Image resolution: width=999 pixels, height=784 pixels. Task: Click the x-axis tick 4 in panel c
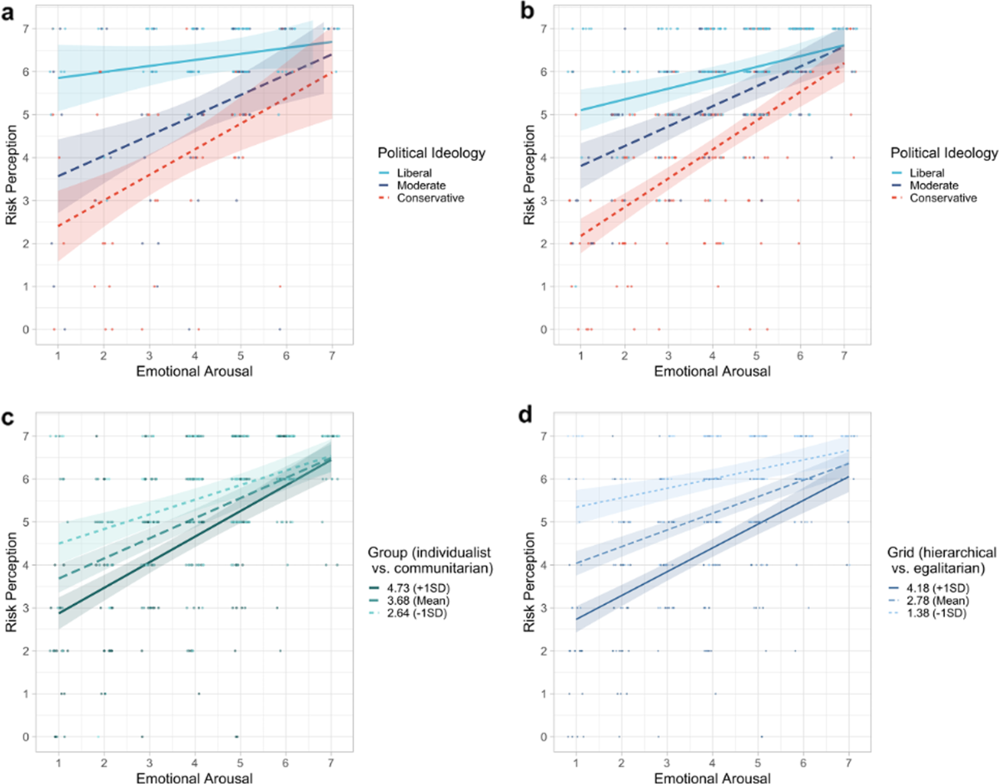(195, 760)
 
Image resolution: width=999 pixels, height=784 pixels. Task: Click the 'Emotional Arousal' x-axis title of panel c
(194, 777)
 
